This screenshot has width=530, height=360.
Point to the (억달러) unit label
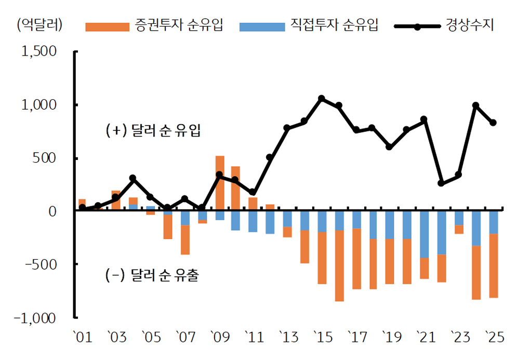(x=39, y=25)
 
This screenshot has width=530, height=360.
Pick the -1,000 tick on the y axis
(x=35, y=317)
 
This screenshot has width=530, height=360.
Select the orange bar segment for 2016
(x=339, y=265)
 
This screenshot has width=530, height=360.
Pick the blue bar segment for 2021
(x=425, y=234)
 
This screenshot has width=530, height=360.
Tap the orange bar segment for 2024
(x=476, y=273)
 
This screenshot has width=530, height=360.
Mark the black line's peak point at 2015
(x=321, y=98)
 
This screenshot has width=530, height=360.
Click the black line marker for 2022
(x=441, y=183)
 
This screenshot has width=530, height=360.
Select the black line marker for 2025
(x=493, y=123)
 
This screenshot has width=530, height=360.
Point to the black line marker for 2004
(x=132, y=178)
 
